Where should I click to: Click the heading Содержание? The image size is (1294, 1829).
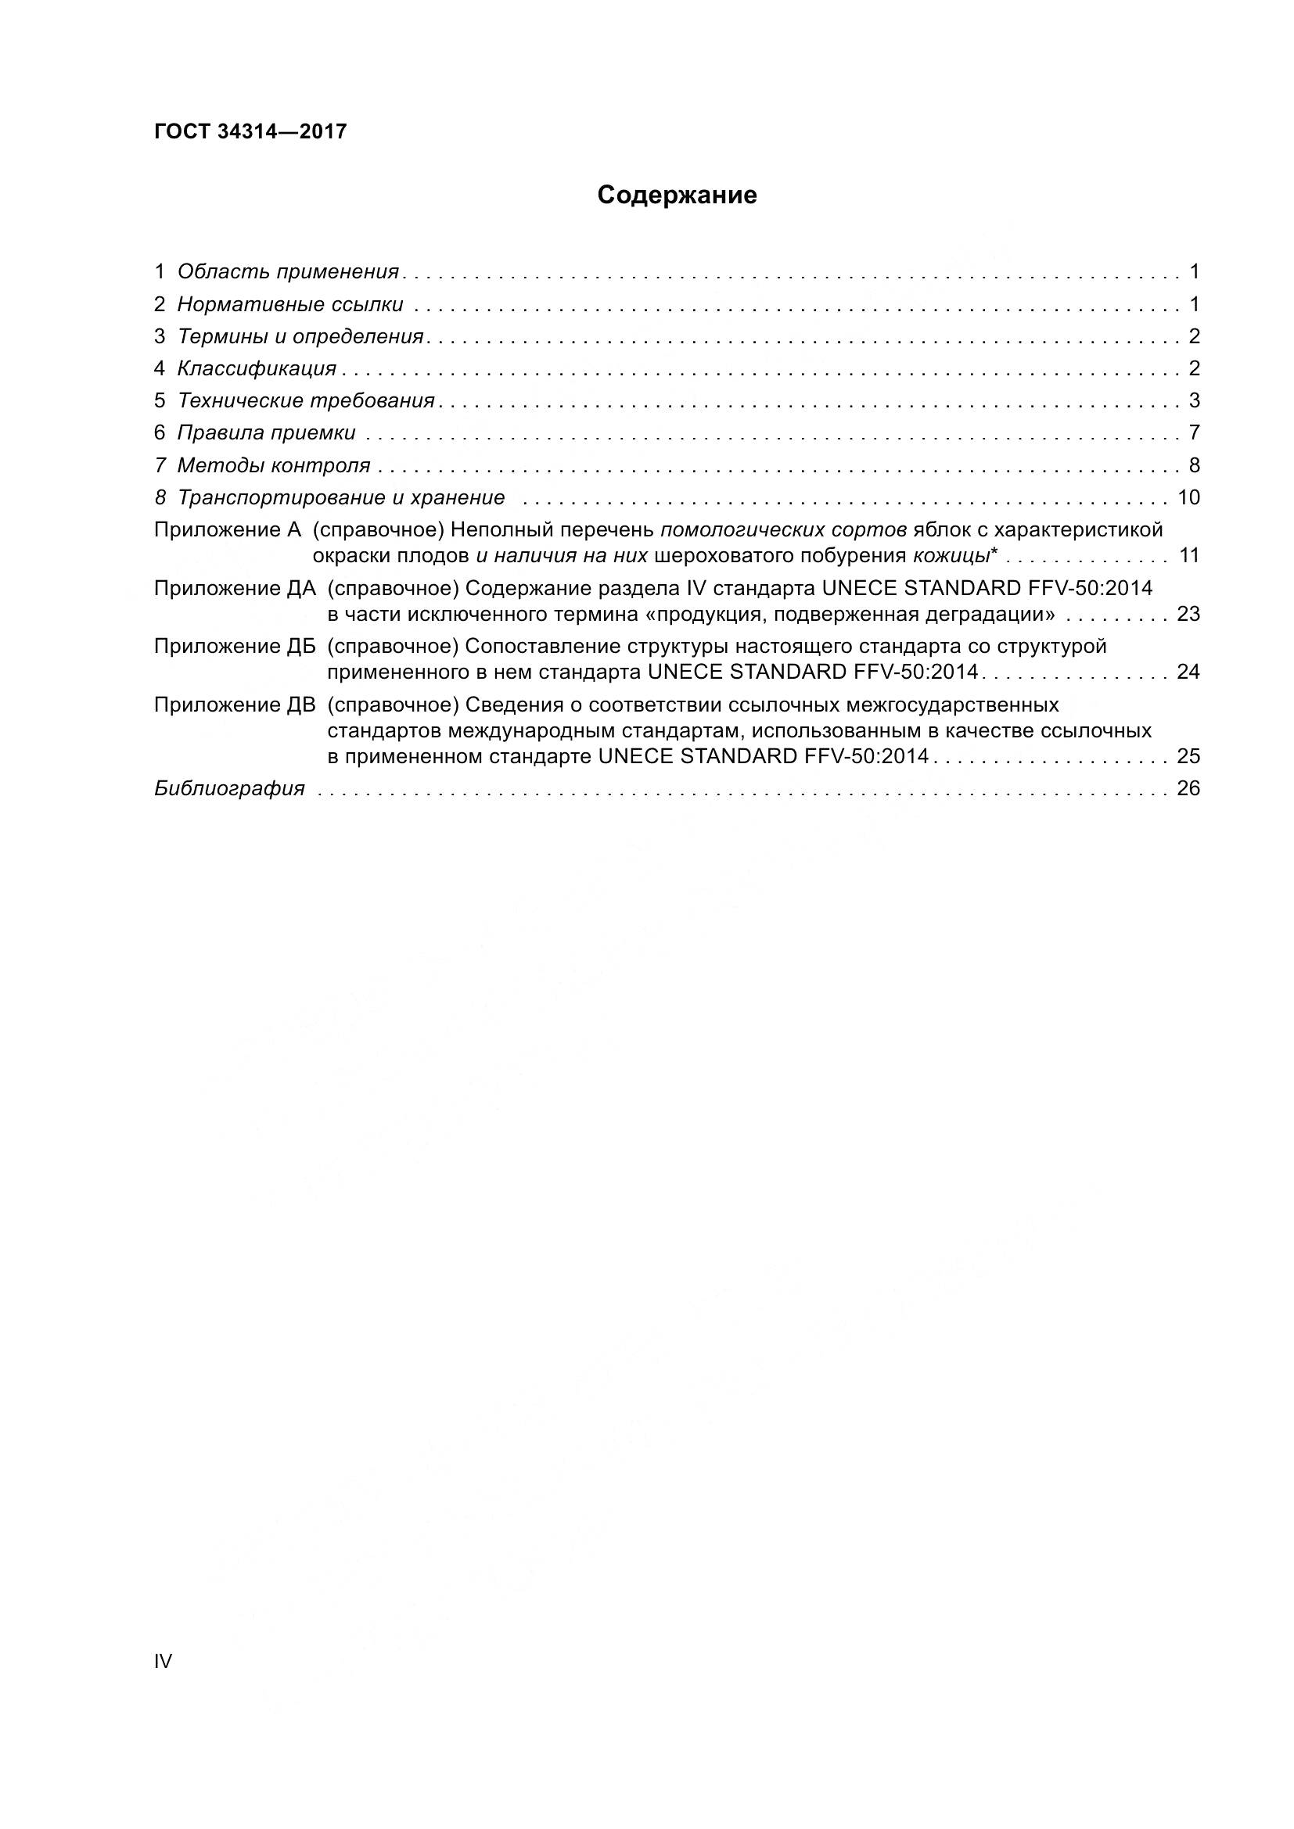(677, 195)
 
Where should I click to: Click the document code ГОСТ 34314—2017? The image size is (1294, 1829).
(250, 131)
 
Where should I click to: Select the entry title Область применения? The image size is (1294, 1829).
(288, 271)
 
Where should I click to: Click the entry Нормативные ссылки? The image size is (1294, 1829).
(290, 304)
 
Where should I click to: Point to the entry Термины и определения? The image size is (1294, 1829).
(300, 336)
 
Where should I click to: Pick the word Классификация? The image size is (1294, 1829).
(257, 368)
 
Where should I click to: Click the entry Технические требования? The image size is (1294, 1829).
(306, 400)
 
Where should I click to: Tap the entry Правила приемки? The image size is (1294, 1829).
(266, 432)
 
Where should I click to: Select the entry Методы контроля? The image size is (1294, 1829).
(273, 465)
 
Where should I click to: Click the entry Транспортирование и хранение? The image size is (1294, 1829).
(341, 497)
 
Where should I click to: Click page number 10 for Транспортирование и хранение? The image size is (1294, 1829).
(1188, 497)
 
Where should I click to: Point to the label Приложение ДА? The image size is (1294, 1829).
(235, 588)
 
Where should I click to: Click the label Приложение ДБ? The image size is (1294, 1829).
(235, 645)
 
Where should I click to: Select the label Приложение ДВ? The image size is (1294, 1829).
(235, 705)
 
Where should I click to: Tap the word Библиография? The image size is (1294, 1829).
(229, 789)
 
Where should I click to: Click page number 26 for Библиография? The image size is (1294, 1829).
(1188, 789)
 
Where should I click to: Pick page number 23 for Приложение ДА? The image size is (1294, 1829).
(1188, 614)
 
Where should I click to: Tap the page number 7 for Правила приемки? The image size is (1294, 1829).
(1194, 432)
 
